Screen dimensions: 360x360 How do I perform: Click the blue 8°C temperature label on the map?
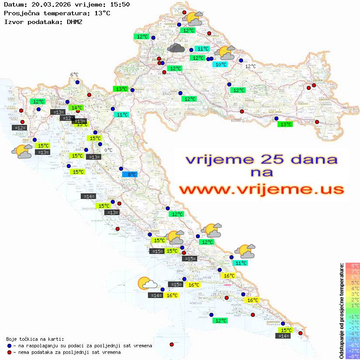(x=130, y=175)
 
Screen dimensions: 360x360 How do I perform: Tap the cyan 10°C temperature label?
(x=219, y=65)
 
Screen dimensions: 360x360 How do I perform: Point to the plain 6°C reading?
(x=74, y=75)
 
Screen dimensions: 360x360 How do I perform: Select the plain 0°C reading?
(x=108, y=150)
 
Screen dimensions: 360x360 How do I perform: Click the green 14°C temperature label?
(x=76, y=108)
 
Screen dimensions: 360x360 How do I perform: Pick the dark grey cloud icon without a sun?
(x=175, y=48)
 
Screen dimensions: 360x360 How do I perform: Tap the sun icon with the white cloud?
(x=147, y=284)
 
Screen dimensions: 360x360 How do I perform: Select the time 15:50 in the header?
(x=120, y=5)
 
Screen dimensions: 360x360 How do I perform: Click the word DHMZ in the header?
(x=74, y=21)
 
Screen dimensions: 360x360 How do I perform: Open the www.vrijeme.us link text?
(x=261, y=189)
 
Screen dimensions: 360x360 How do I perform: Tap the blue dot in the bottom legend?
(x=9, y=346)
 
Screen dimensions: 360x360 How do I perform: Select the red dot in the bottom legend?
(x=9, y=352)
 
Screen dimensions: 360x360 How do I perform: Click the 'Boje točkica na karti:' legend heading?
(x=35, y=339)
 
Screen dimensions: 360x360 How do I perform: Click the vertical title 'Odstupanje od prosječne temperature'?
(x=342, y=311)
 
